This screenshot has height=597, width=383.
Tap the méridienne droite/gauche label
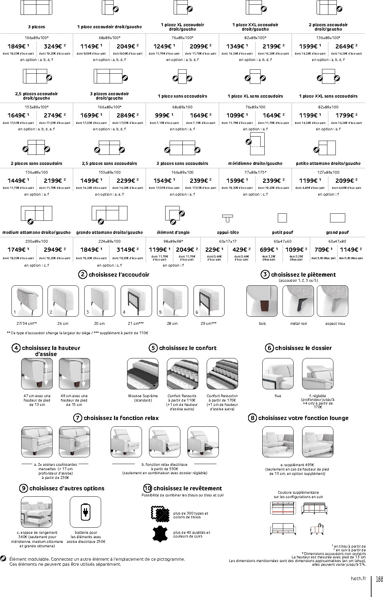[x=255, y=164]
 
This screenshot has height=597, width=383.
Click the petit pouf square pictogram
[x=282, y=218]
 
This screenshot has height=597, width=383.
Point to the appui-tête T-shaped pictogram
[x=228, y=218]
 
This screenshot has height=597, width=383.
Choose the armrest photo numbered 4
[x=136, y=301]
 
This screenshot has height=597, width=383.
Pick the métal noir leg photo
[x=298, y=301]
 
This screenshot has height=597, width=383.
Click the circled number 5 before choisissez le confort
[x=153, y=348]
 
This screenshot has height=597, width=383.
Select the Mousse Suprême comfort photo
[x=143, y=374]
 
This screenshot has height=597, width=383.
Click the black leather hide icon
[x=161, y=534]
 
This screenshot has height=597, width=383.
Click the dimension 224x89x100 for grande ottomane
[x=110, y=241]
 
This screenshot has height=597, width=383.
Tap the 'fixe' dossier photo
[x=278, y=374]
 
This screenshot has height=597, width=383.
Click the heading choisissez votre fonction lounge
[x=303, y=418]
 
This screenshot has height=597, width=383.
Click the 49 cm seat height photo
[x=75, y=374]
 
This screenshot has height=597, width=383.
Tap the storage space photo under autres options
[x=36, y=512]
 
